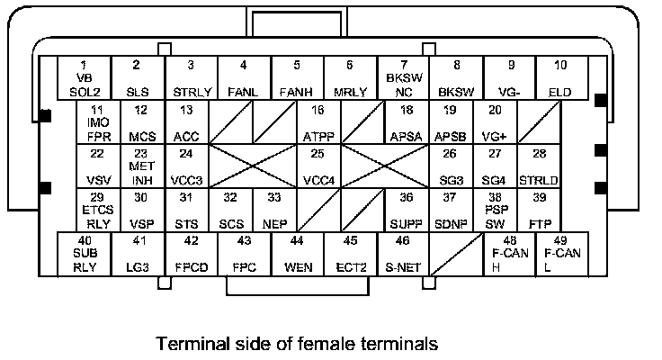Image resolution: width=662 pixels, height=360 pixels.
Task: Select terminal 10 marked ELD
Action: coord(560,78)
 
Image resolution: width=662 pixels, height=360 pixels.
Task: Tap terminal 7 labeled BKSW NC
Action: coord(403,78)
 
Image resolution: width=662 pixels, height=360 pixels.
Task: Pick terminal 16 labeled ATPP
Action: coord(318,122)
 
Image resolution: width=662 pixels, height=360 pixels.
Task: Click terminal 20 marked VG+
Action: coord(494,122)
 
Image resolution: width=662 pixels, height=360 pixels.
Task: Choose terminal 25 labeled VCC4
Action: coord(318,166)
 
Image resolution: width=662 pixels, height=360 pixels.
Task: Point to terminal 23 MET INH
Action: coord(140,166)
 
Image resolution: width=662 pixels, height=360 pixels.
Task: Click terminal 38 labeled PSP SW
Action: coord(494,211)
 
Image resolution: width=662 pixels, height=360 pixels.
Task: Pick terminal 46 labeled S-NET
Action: coord(403,255)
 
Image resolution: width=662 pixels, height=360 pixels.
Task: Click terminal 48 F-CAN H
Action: coord(509,255)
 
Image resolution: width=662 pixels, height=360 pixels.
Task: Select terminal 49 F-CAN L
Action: coord(560,255)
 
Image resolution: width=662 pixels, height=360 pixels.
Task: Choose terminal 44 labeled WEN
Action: coord(298,255)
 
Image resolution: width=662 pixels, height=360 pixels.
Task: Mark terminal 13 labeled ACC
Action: coord(186,122)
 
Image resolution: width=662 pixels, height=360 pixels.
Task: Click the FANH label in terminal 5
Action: coord(297,91)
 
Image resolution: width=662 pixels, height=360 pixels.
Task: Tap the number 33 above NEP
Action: coord(274,197)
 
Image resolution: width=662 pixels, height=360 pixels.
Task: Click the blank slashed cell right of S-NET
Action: coord(456,255)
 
